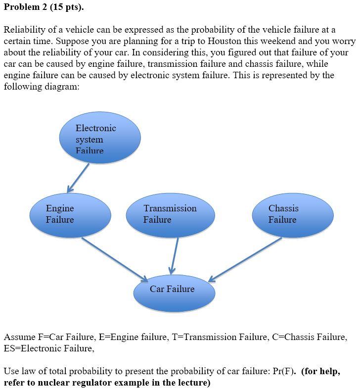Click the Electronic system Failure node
pos(100,138)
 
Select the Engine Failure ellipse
pos(70,215)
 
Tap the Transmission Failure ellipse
pos(170,215)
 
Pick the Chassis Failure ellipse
pos(292,215)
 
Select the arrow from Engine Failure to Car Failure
pos(114,259)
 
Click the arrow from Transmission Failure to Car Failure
pos(175,255)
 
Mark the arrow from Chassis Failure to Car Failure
pos(245,260)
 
